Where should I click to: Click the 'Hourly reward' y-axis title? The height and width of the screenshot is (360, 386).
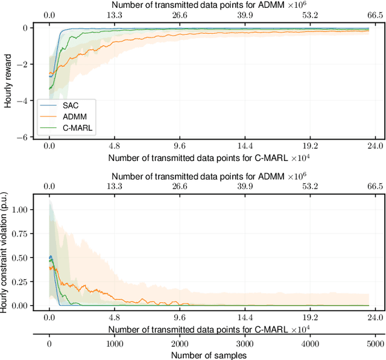click(7, 83)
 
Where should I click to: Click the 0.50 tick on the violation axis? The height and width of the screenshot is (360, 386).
click(19, 259)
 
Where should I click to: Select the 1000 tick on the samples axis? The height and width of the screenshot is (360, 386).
click(114, 343)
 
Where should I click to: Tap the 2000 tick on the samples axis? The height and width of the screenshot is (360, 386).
click(179, 343)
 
